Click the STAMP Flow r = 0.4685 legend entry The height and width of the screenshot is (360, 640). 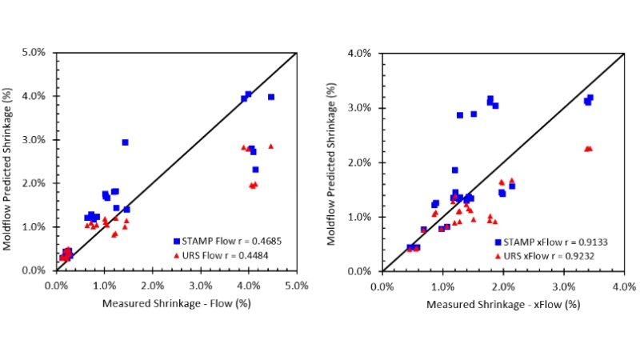(227, 240)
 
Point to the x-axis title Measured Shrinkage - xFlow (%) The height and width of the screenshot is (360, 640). (502, 304)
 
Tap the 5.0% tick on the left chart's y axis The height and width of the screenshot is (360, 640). (37, 53)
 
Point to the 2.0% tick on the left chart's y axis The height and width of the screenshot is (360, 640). (37, 183)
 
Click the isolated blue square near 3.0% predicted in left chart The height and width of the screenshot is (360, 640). (125, 142)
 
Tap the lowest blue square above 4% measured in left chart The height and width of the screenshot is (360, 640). (255, 170)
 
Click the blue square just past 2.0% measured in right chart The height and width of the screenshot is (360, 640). (512, 186)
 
